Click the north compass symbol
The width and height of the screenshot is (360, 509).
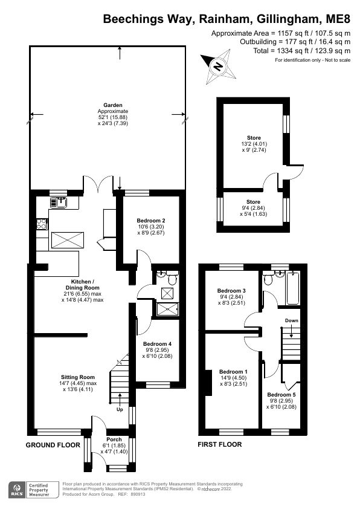(x=218, y=65)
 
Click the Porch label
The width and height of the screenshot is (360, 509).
(x=114, y=439)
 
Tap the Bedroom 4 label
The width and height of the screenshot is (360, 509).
(x=157, y=344)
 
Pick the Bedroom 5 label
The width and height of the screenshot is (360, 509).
(x=281, y=395)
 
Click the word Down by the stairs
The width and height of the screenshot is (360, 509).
(x=291, y=321)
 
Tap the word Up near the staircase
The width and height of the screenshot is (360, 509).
(x=119, y=409)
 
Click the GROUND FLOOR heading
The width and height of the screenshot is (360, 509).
(x=53, y=444)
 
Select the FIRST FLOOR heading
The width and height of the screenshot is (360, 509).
(x=220, y=444)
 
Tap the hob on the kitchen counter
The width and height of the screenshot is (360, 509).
(x=42, y=225)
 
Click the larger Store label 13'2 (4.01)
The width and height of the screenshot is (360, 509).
(x=254, y=138)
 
